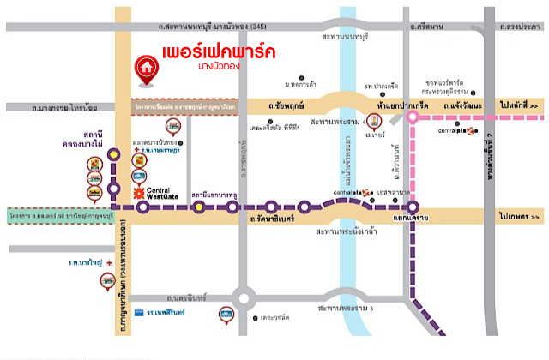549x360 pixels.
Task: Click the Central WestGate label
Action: [160, 194]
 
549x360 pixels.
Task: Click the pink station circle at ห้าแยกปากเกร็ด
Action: [413, 120]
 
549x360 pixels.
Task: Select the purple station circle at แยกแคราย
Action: [413, 207]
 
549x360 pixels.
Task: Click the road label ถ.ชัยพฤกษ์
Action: [285, 105]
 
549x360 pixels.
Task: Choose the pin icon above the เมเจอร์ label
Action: [373, 119]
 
